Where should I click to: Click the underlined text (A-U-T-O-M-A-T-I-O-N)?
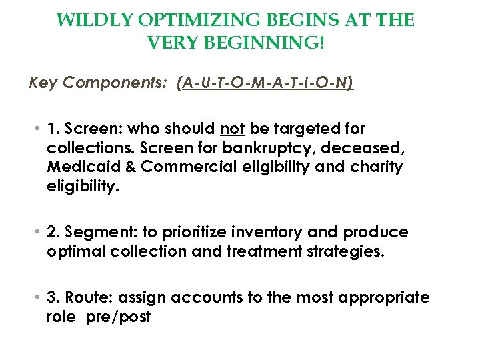[x=265, y=83]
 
